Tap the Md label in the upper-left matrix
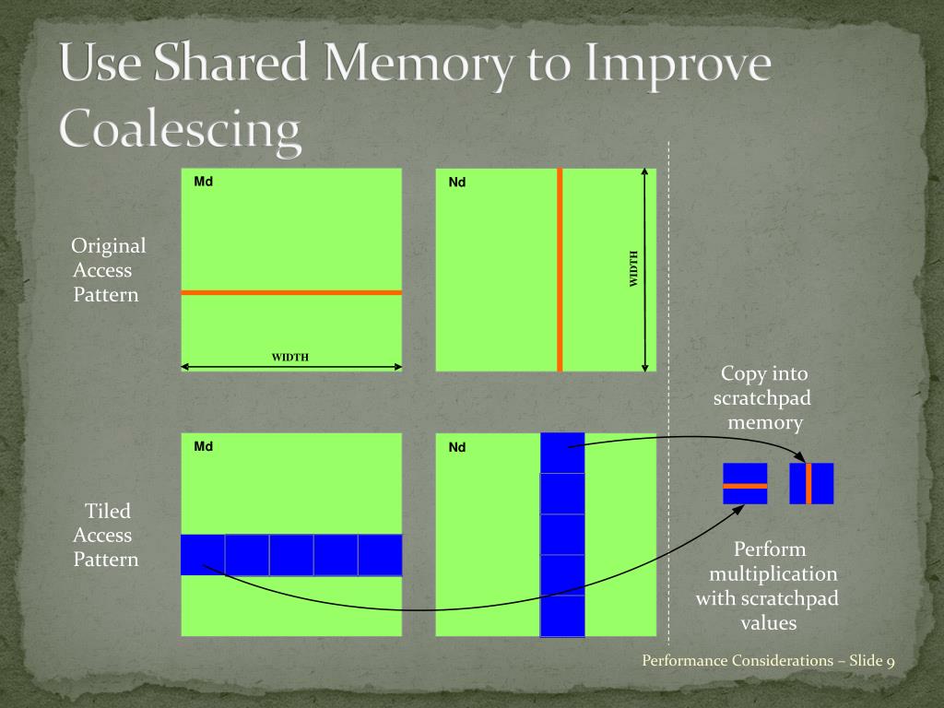point(204,182)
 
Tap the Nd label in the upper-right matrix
point(457,183)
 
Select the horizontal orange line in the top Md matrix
point(291,292)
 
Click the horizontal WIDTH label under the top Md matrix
point(289,358)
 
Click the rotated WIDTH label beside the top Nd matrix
point(633,268)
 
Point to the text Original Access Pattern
point(108,270)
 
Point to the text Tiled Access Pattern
point(107,535)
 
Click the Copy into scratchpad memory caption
point(763,398)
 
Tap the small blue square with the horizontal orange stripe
point(745,484)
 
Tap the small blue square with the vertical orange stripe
point(811,484)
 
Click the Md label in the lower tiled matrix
point(204,447)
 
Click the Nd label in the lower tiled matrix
point(457,448)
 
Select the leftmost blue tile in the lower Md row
point(203,555)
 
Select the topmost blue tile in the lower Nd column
point(562,453)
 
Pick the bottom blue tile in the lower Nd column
point(562,616)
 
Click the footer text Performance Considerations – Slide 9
point(768,660)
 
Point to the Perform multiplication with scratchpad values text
point(768,586)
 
